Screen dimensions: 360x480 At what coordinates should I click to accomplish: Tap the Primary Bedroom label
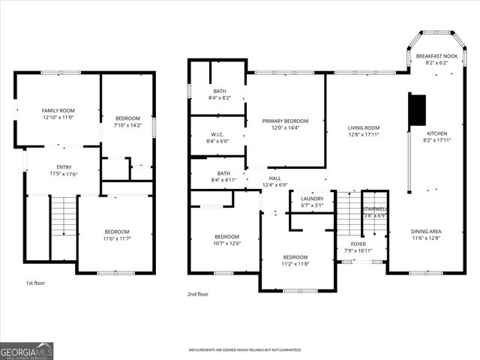(x=285, y=121)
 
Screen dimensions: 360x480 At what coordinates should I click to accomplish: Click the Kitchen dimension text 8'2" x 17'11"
(x=439, y=140)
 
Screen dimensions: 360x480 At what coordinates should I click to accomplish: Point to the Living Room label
(x=363, y=127)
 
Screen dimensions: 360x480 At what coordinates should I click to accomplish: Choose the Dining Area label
(x=426, y=232)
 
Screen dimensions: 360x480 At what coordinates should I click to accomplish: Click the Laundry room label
(x=311, y=199)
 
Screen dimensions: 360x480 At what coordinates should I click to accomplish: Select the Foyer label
(x=359, y=244)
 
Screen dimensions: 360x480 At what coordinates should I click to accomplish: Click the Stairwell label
(x=373, y=208)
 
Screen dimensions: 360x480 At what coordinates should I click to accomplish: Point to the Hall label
(x=275, y=178)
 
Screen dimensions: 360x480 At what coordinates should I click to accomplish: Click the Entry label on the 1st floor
(x=64, y=167)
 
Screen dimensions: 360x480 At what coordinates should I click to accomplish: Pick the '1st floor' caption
(x=35, y=284)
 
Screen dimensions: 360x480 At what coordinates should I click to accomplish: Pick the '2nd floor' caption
(x=198, y=295)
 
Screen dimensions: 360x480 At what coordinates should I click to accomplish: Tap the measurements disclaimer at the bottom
(x=244, y=350)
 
